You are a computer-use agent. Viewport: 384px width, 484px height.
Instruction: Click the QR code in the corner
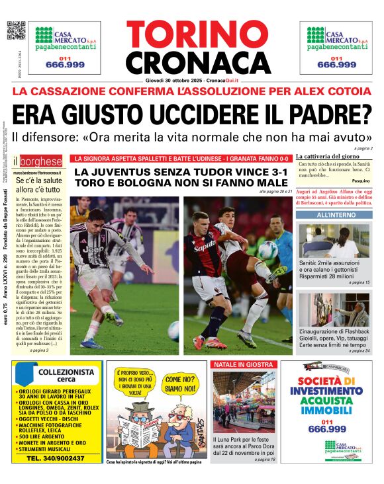pos(16,31)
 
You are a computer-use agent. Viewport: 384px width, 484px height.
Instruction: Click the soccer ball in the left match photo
pos(173,330)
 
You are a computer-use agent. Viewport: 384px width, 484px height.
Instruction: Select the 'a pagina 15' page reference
pos(359,282)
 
